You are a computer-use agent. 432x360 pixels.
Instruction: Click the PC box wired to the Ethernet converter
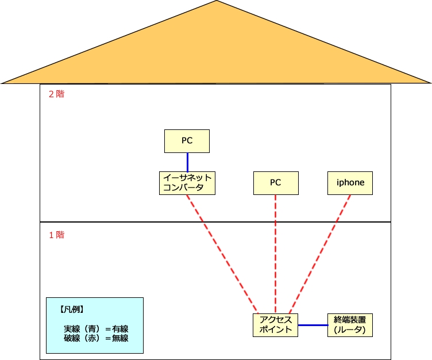[187, 141]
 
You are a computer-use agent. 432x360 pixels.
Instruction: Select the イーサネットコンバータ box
[187, 182]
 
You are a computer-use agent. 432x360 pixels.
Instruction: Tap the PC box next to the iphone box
[276, 182]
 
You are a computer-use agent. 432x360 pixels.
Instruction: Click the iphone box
[350, 182]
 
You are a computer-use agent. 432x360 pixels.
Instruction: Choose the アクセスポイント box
[276, 325]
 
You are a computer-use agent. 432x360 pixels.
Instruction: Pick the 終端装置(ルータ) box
[350, 325]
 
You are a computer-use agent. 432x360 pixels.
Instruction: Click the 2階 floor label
[56, 94]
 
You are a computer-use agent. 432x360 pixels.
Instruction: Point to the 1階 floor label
[56, 235]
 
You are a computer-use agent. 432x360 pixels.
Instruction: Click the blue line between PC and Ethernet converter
[187, 161]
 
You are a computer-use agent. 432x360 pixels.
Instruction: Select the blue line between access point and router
[313, 325]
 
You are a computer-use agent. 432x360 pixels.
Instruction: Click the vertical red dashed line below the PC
[276, 253]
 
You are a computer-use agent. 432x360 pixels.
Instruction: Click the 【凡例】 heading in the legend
[72, 309]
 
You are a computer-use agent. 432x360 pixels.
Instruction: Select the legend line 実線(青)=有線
[96, 328]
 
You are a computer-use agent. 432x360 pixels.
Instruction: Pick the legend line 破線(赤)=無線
[96, 338]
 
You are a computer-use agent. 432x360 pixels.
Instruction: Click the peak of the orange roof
[217, 2]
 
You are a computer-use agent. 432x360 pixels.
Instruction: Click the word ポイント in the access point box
[276, 330]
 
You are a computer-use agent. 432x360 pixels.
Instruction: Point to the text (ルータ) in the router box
[350, 330]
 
